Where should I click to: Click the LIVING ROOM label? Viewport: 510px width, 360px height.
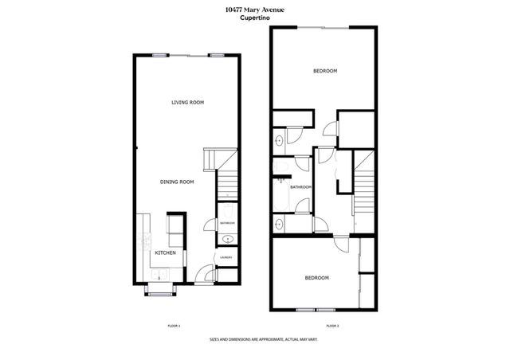click(x=188, y=102)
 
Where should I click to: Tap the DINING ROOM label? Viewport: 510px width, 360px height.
click(x=177, y=182)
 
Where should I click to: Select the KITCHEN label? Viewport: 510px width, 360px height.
click(x=165, y=252)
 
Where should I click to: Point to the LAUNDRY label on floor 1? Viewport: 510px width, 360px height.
click(x=226, y=257)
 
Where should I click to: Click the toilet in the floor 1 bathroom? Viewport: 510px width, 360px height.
click(x=226, y=210)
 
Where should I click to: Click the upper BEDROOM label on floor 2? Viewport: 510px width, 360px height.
click(x=324, y=71)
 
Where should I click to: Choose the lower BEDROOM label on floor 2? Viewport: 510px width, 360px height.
click(x=317, y=277)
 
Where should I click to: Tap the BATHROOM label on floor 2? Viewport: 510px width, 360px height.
click(x=300, y=187)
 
